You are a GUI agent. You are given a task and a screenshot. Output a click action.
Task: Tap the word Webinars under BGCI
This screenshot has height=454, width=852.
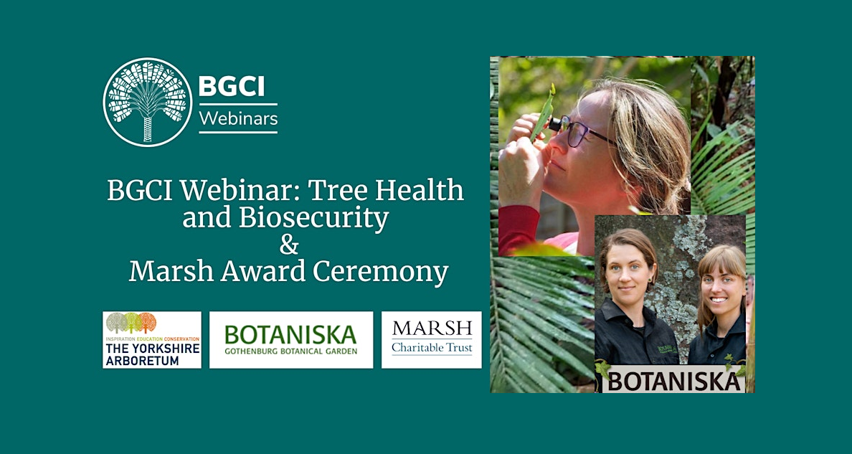(238, 118)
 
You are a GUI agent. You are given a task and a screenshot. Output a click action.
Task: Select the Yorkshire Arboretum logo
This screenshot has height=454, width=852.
(151, 339)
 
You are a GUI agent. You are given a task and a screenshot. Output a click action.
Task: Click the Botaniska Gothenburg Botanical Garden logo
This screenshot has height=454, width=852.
(290, 339)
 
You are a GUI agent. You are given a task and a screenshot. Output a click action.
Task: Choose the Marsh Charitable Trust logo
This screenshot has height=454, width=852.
(432, 339)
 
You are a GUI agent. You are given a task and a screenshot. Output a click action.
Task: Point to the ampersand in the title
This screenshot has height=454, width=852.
(288, 245)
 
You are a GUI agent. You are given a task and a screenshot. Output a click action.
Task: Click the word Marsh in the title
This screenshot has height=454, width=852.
(169, 273)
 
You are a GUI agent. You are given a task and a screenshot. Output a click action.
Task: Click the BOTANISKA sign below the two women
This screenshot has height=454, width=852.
(673, 380)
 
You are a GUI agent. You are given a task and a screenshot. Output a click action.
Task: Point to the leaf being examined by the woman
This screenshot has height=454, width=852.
(543, 111)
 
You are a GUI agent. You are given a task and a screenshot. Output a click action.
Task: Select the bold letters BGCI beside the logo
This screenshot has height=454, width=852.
(232, 87)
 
